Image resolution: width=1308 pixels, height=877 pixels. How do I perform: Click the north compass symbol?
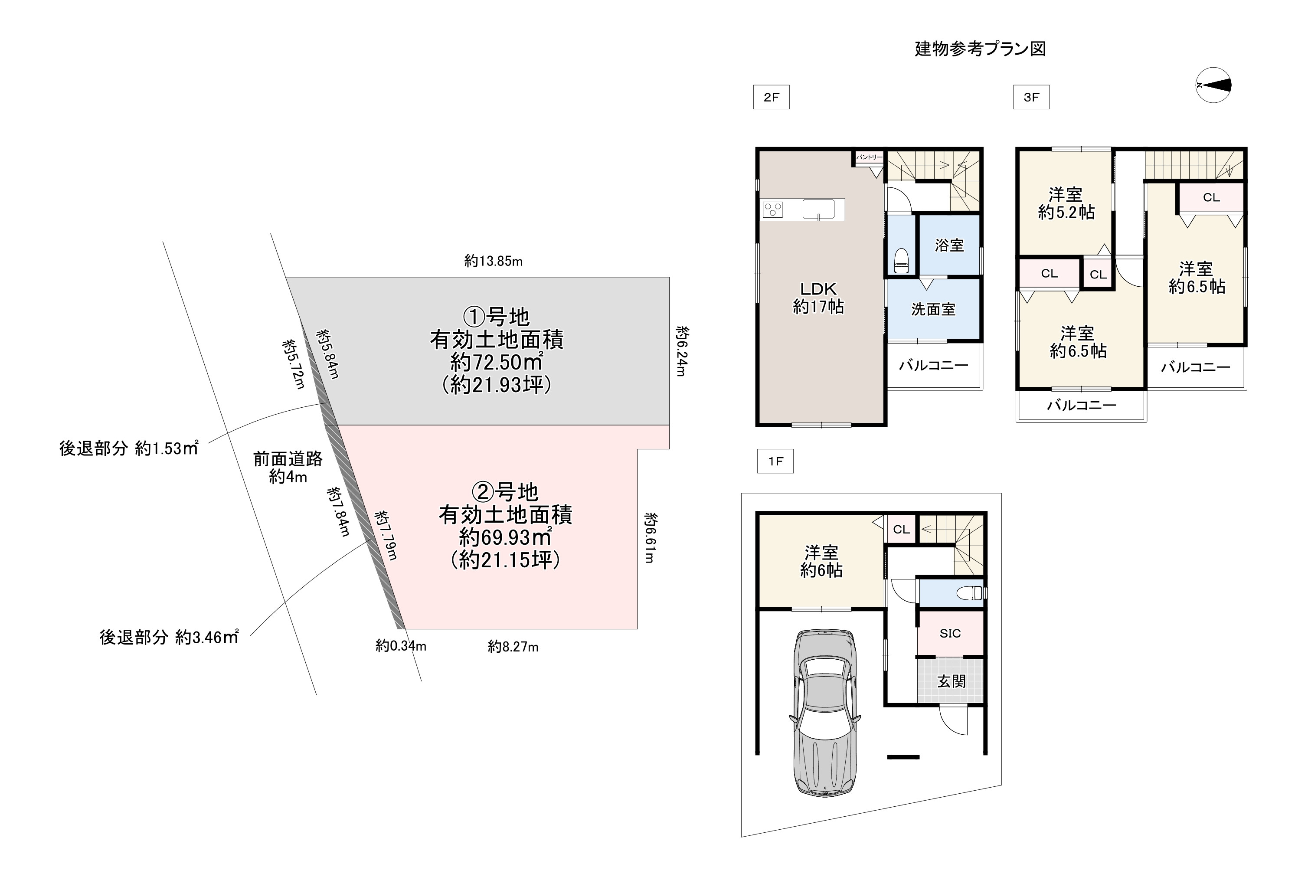[x=1213, y=85]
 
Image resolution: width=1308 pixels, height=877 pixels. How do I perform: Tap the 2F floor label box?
[x=771, y=97]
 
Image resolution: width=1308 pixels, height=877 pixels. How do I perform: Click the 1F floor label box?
[x=775, y=461]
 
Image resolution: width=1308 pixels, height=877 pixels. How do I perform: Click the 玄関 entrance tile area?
[x=950, y=681]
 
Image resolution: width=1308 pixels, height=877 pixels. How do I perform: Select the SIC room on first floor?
[x=950, y=633]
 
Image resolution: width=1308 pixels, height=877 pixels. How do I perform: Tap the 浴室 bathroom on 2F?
[x=949, y=245]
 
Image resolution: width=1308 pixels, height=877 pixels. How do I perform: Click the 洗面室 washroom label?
[x=933, y=309]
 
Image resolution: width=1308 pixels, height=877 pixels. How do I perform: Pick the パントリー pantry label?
[x=869, y=158]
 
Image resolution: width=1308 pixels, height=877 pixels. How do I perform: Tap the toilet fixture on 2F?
[x=901, y=260]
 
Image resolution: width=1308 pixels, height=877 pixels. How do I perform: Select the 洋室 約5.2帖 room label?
[x=1066, y=203]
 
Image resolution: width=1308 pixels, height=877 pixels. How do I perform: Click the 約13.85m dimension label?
[x=493, y=261]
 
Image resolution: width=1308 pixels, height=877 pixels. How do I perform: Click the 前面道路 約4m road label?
[x=288, y=468]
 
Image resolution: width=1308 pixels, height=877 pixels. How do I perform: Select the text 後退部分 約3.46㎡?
[x=169, y=637]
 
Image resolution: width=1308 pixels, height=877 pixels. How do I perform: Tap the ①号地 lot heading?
[x=497, y=317]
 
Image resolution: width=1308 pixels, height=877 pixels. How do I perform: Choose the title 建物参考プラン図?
[x=980, y=49]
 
